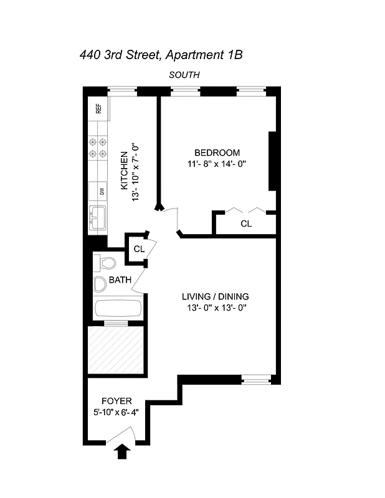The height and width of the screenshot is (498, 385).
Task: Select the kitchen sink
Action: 98,218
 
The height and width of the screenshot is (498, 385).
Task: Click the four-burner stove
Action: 99,147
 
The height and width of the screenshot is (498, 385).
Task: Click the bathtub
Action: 118,309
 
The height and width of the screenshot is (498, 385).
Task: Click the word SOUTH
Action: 184,75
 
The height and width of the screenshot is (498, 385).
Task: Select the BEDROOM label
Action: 217,153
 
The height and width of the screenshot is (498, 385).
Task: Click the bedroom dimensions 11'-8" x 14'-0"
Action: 217,164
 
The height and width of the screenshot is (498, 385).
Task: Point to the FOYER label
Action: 116,402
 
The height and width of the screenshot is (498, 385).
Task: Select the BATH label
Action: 120,280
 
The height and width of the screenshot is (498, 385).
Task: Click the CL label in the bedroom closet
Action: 246,223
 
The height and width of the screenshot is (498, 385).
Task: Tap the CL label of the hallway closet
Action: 138,248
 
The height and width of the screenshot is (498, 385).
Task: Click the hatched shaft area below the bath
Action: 116,351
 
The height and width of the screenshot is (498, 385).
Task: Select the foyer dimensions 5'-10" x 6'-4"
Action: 116,412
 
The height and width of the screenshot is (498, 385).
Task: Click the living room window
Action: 256,378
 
